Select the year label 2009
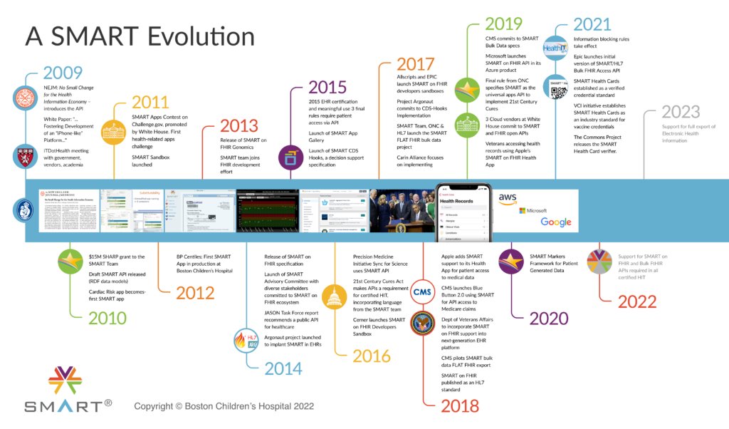click(x=63, y=73)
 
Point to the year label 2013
click(x=238, y=126)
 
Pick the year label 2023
click(x=681, y=112)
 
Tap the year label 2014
click(x=283, y=368)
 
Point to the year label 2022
click(x=636, y=301)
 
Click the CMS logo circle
click(x=423, y=291)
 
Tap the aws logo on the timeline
click(x=508, y=198)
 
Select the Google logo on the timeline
click(x=555, y=222)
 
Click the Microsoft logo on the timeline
click(x=533, y=211)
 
